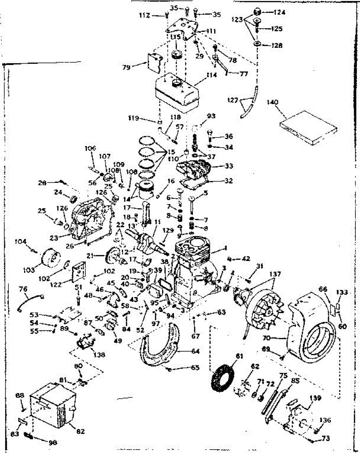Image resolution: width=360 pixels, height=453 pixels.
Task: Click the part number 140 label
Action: (x=272, y=102)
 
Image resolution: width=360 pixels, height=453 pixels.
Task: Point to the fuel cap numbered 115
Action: (x=176, y=55)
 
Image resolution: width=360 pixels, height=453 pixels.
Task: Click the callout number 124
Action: (x=280, y=12)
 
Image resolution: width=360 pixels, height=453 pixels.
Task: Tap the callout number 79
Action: (x=126, y=68)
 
